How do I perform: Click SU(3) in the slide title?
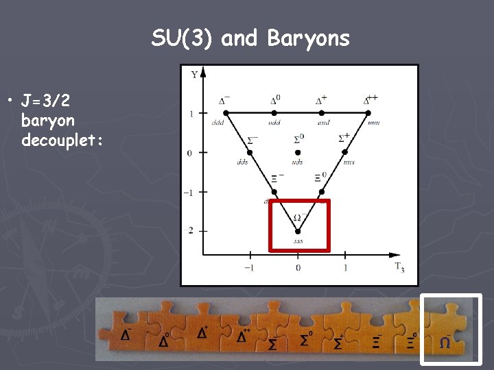coord(183,39)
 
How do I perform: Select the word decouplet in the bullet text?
coord(62,140)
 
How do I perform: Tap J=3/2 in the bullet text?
coord(45,102)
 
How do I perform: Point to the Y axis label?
coord(195,74)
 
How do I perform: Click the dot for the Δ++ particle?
coord(368,112)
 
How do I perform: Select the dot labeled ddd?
coord(227,112)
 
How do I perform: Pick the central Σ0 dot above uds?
coord(298,152)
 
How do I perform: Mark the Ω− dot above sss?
coord(298,231)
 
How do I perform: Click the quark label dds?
coord(242,162)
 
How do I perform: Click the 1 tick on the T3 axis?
coord(345,268)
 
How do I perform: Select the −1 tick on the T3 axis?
coord(250,268)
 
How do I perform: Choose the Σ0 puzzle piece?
coord(307,330)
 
